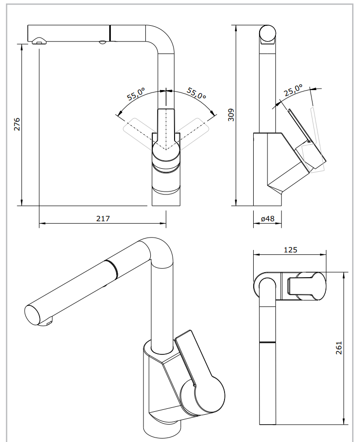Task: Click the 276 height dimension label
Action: point(16,124)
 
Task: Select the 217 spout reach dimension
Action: point(102,218)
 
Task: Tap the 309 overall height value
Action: point(230,114)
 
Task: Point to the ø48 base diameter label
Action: point(267,218)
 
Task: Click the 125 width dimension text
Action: point(290,250)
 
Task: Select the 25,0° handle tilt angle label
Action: point(293,91)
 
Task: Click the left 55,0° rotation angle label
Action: point(135,94)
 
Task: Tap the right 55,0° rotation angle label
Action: point(196,94)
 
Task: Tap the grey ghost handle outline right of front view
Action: point(193,131)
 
